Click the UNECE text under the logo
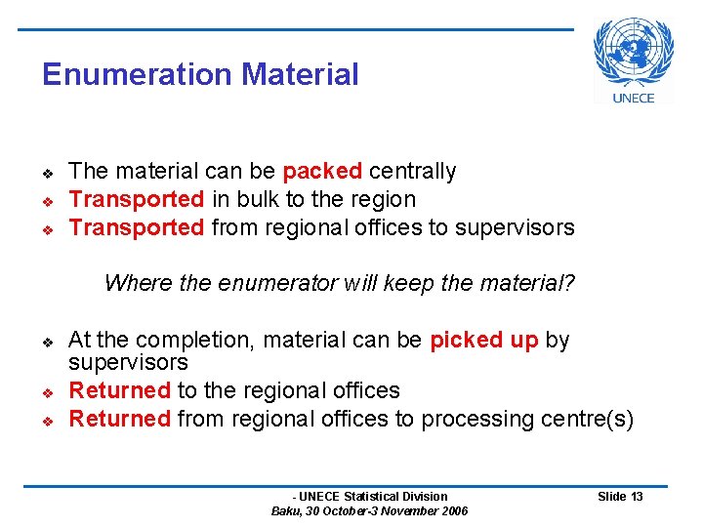(x=634, y=98)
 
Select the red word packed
(x=322, y=172)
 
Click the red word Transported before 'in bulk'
(x=136, y=200)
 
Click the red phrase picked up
(x=483, y=341)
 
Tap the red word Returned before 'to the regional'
(x=120, y=390)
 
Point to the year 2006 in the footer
(x=453, y=511)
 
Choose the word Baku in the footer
(x=286, y=511)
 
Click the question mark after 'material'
(x=570, y=284)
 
